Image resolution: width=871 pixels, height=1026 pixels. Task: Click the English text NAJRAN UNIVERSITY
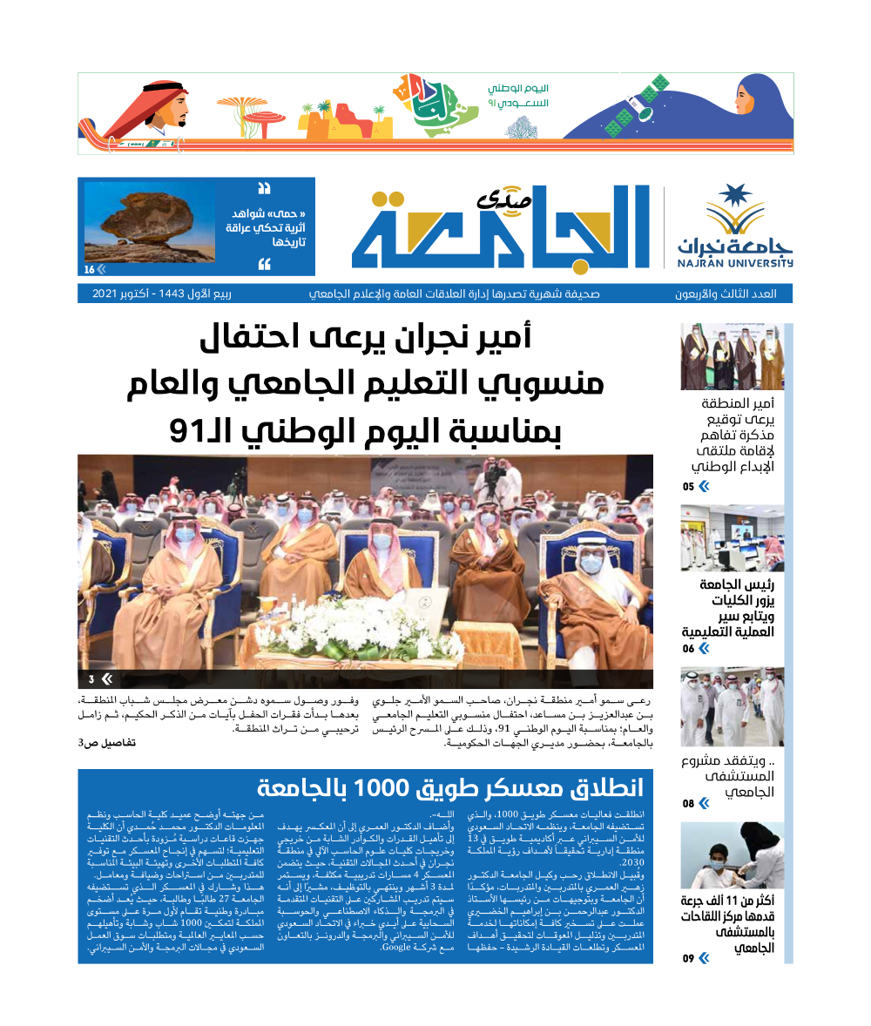click(736, 262)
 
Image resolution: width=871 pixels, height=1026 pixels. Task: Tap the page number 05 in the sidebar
click(689, 487)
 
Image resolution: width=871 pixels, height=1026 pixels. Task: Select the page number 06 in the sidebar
click(689, 649)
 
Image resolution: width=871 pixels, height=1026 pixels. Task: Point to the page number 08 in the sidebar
click(689, 804)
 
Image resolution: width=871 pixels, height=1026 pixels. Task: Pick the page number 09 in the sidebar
click(689, 959)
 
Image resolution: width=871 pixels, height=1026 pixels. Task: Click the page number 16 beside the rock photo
click(90, 269)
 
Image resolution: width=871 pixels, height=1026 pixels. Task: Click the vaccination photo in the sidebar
click(732, 854)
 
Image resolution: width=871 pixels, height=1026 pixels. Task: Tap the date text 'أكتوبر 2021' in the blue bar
click(130, 294)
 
